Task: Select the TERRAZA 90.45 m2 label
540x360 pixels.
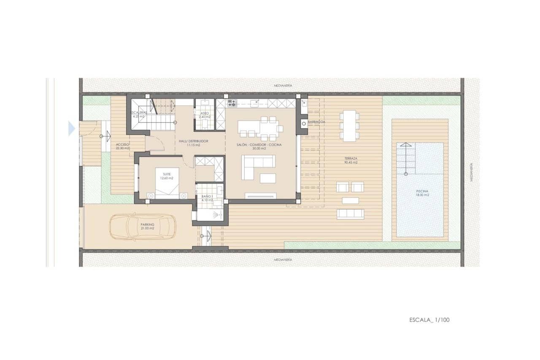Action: [x=351, y=160]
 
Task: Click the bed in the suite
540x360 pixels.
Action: [x=167, y=183]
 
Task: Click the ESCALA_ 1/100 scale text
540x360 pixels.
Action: [x=429, y=319]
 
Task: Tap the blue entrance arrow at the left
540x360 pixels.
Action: [x=72, y=128]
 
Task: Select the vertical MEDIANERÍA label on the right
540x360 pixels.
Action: [x=471, y=173]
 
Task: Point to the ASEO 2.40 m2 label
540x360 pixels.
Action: [x=205, y=114]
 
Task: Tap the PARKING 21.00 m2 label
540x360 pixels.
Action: [x=148, y=226]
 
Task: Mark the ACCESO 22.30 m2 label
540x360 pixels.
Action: [x=123, y=146]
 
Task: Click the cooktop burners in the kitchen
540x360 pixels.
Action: [x=232, y=103]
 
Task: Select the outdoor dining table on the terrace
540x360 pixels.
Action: [x=349, y=125]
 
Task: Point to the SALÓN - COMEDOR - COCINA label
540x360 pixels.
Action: [x=259, y=146]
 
